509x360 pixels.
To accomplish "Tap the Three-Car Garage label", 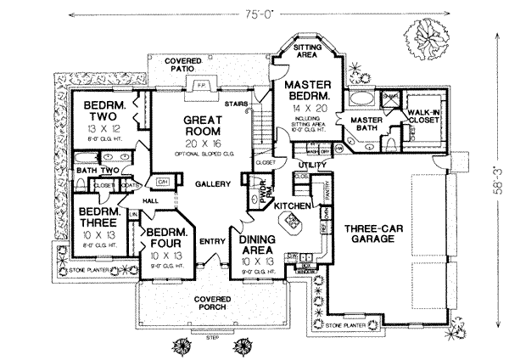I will coord(378,234).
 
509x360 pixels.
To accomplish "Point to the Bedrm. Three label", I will coord(92,219).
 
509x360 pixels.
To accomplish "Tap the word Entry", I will coord(211,243).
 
